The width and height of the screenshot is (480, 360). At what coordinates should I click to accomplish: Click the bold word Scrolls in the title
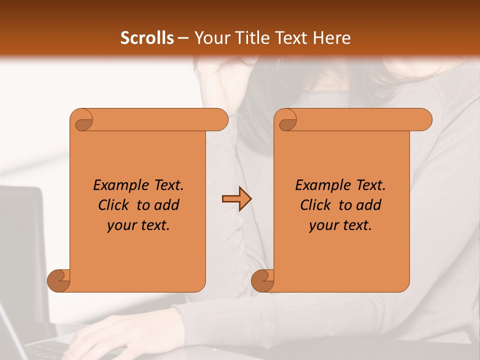(147, 38)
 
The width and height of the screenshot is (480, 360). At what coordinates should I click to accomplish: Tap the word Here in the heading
(331, 38)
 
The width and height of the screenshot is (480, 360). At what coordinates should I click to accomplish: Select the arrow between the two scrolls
(236, 199)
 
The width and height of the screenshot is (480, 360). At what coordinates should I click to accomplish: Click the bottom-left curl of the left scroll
(58, 280)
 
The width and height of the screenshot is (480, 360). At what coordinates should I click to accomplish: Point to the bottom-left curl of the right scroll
(262, 280)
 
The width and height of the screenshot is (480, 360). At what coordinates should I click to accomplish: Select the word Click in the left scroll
(113, 205)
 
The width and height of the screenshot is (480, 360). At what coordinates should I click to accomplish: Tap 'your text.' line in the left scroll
(138, 225)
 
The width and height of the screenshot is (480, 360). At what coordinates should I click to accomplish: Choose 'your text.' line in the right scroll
(340, 225)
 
